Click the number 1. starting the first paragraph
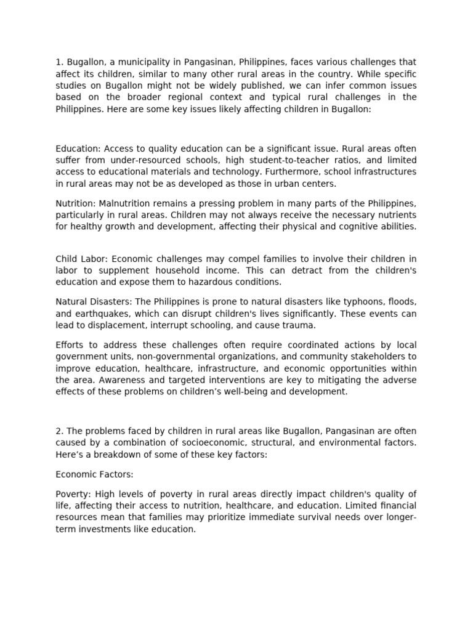coord(59,62)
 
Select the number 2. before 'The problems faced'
coord(60,430)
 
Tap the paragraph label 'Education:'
coord(78,149)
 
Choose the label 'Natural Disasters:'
coord(94,301)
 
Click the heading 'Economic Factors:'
coord(94,475)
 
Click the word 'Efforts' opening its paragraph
coord(70,344)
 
